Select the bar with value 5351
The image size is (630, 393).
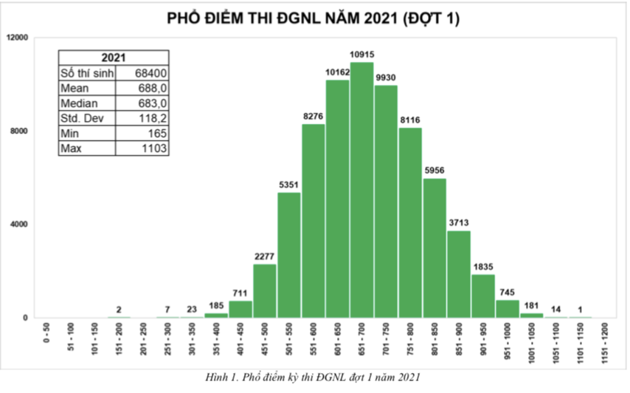(x=288, y=255)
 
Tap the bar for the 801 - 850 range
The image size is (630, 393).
(x=435, y=248)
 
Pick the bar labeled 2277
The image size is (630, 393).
(x=264, y=291)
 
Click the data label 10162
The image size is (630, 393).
(x=337, y=72)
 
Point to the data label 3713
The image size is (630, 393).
(x=459, y=223)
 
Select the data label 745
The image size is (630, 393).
(x=508, y=292)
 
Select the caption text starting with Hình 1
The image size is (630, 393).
(x=315, y=378)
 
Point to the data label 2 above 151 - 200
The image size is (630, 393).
(x=119, y=310)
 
